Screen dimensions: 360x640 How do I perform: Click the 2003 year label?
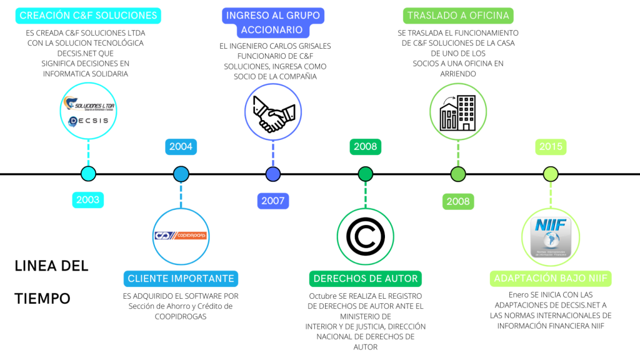(88, 201)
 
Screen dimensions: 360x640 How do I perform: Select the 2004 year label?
(181, 147)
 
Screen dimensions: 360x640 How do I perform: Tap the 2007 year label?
(272, 201)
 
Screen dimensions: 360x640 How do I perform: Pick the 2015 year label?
(550, 147)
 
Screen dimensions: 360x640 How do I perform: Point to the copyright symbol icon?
(365, 236)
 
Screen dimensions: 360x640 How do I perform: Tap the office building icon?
(458, 111)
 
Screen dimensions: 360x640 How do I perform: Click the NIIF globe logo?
(550, 237)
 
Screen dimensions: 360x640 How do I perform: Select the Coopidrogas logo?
(181, 236)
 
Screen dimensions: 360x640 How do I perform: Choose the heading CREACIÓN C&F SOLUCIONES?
(88, 16)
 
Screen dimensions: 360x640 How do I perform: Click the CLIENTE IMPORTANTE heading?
(181, 279)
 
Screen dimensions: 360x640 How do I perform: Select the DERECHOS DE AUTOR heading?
(366, 279)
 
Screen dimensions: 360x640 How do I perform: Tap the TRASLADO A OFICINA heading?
(458, 16)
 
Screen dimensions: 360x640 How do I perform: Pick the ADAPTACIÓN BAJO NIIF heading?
(551, 279)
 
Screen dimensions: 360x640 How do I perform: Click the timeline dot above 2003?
(88, 174)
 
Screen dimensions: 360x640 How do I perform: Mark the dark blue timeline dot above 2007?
(272, 174)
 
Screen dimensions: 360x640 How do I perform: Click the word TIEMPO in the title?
(42, 298)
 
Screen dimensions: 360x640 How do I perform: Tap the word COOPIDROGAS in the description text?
(181, 316)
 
